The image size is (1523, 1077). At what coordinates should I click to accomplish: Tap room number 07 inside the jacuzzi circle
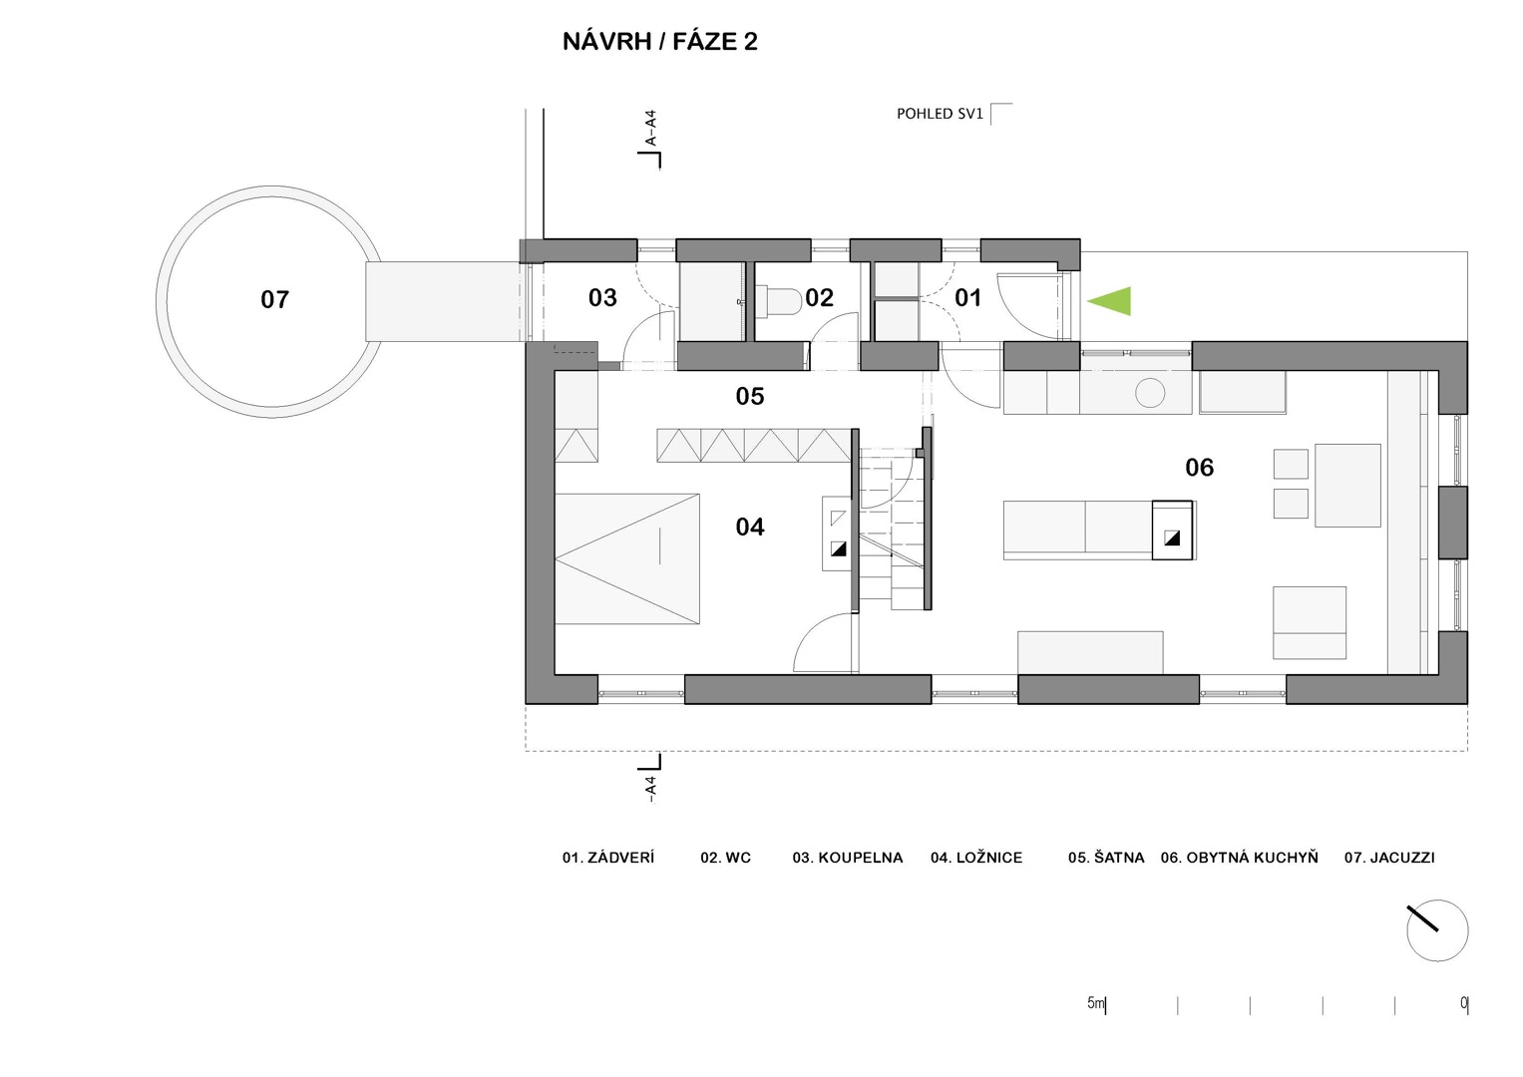pos(274,299)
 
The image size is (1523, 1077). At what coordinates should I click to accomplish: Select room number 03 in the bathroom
pos(602,297)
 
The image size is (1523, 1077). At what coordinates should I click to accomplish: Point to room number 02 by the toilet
pos(819,297)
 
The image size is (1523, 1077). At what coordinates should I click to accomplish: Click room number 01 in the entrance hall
pos(968,297)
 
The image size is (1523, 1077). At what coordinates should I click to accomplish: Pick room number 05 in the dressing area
pos(750,396)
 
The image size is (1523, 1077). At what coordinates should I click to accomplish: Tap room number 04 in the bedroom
pos(750,527)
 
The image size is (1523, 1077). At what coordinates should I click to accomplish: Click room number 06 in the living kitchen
pos(1200,467)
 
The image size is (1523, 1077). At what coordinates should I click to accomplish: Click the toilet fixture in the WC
pos(779,301)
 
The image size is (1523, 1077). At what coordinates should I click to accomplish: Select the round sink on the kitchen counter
pos(1150,393)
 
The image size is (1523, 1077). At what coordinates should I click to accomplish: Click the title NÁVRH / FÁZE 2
pos(659,42)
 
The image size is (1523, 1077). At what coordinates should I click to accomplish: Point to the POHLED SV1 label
pos(940,114)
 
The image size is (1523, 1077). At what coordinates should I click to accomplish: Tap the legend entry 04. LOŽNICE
pos(976,858)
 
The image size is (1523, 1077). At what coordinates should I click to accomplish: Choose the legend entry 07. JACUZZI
pos(1389,858)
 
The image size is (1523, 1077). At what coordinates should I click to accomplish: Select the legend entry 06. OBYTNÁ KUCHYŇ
pos(1240,857)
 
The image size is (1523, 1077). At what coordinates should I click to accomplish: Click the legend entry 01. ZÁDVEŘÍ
pos(608,857)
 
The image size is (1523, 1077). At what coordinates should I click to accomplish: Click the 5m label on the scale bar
pos(1096,1003)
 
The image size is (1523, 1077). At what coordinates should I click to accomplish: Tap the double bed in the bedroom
pos(627,558)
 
